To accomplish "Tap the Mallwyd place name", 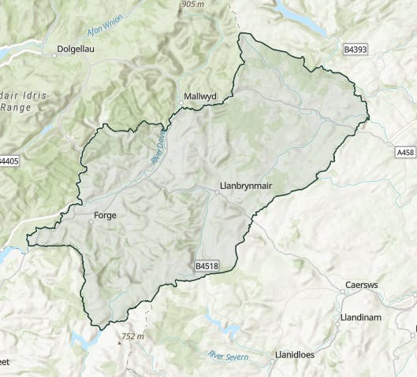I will pos(199,96).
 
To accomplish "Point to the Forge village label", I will pos(105,214).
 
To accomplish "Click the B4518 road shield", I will pos(207,267).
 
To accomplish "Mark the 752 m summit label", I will pos(134,337).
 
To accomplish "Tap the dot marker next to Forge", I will pos(91,222).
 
